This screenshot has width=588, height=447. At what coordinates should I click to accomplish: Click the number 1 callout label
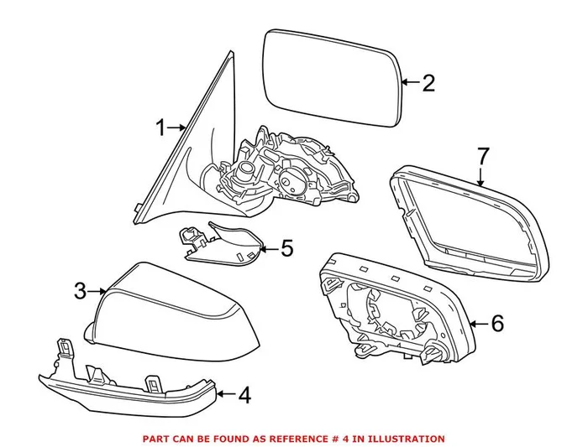(160, 127)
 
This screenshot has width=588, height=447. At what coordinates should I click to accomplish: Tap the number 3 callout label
(80, 291)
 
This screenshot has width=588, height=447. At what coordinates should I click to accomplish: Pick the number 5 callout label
(286, 247)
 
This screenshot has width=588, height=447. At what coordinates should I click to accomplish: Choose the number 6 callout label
(496, 323)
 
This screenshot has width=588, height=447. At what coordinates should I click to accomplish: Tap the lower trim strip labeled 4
(126, 386)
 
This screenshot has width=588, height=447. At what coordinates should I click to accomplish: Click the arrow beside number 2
(409, 82)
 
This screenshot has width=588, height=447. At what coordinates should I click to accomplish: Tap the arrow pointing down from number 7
(480, 176)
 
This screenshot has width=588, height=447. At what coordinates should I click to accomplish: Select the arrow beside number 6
(478, 323)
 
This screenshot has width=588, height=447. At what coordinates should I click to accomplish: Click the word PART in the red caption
(155, 438)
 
